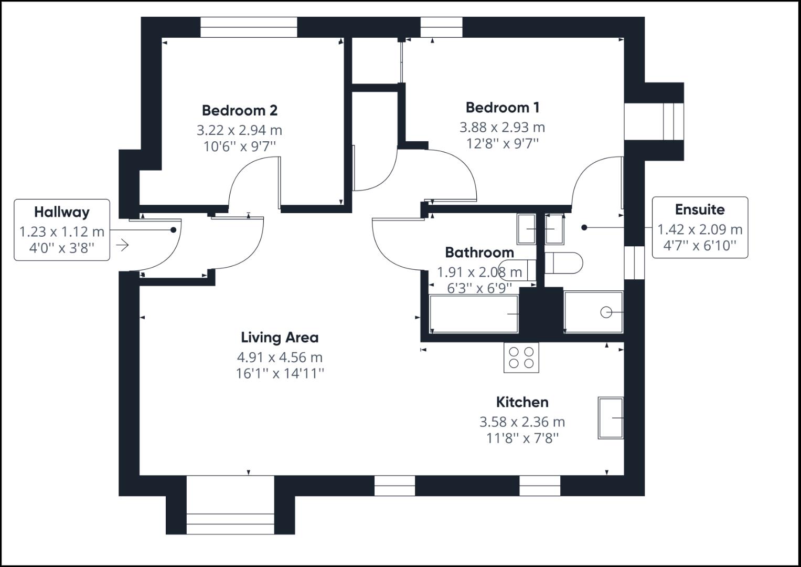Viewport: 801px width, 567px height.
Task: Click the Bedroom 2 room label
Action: (x=239, y=110)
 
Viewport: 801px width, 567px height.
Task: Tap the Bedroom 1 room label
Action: (x=502, y=108)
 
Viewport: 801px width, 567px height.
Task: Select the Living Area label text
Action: (x=280, y=337)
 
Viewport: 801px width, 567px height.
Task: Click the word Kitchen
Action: (x=522, y=402)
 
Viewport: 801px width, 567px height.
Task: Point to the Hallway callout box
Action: (x=62, y=229)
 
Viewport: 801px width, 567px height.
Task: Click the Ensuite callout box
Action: (x=699, y=227)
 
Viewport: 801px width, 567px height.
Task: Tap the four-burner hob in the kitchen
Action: (x=521, y=358)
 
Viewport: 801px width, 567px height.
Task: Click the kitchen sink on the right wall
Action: (x=610, y=418)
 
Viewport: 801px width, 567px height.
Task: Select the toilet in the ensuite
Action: (x=564, y=263)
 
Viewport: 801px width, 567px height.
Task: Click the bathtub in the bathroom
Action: (x=474, y=314)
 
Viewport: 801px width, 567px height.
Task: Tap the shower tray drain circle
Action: (x=606, y=312)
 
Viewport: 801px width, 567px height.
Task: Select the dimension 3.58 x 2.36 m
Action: (x=522, y=422)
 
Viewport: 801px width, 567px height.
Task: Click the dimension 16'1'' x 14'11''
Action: (x=280, y=374)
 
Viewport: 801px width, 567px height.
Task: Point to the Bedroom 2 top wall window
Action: (x=249, y=27)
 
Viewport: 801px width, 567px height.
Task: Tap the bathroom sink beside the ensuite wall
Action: (x=526, y=229)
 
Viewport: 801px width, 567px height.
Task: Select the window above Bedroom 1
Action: (x=441, y=27)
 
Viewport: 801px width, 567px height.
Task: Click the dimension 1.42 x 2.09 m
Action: (x=700, y=229)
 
